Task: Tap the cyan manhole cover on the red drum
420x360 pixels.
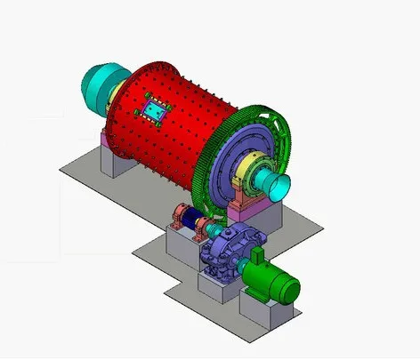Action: pos(155,112)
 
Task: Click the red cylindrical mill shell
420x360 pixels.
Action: pos(178,124)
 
